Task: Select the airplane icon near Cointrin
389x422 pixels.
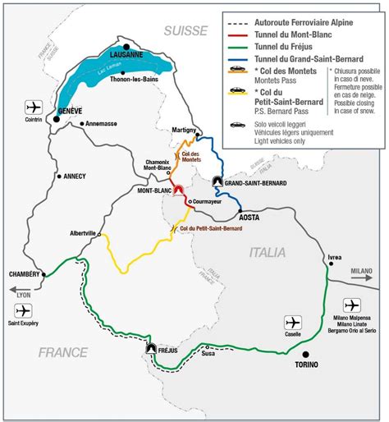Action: point(33,108)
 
